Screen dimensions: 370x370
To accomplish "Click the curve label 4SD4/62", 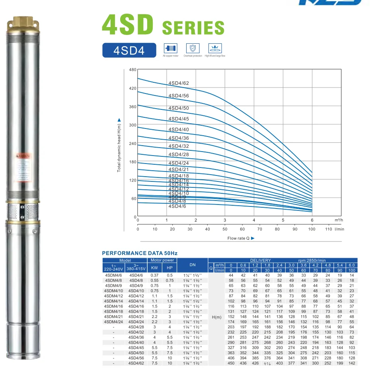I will click(179, 83).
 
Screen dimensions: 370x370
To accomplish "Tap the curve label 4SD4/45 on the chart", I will click(179, 119).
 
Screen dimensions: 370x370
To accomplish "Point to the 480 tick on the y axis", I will click(132, 70).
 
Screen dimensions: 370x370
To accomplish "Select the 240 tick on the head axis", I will click(132, 144).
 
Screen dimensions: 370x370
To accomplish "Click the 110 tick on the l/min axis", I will click(328, 229).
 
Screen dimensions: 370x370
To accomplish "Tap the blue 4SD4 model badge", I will click(129, 50).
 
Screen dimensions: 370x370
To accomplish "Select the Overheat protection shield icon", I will click(193, 49).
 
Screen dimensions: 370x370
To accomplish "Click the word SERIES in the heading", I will click(193, 28).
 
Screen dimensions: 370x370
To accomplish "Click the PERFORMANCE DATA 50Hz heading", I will click(140, 253).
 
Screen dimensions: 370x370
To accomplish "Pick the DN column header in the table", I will click(193, 265).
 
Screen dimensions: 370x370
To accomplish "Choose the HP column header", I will click(170, 268).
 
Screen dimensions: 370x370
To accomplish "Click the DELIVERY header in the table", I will click(261, 260).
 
